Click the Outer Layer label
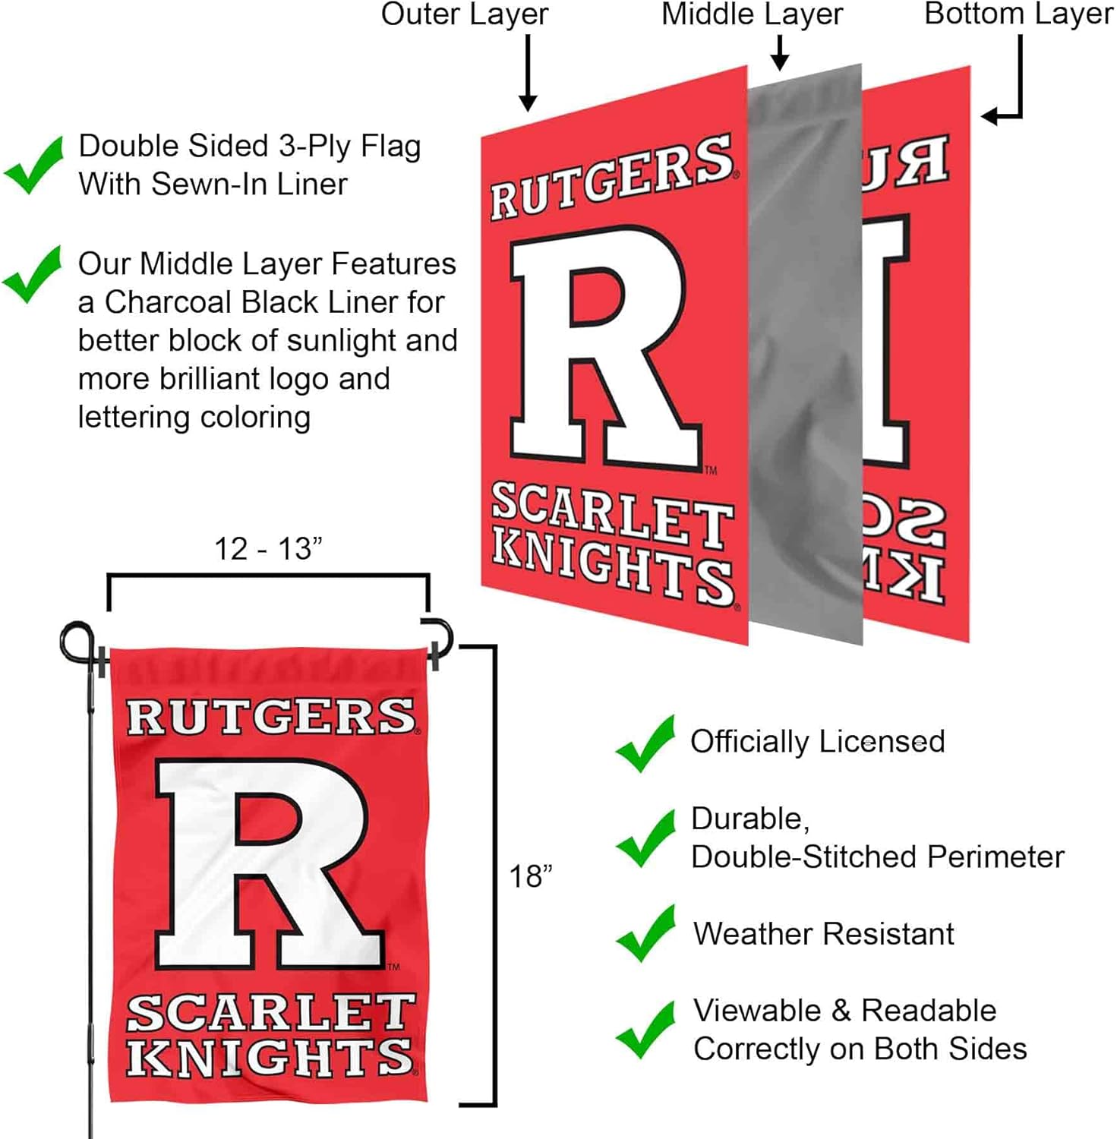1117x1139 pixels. click(x=465, y=15)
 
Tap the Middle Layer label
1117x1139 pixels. click(x=752, y=15)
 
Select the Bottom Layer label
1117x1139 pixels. click(x=1018, y=15)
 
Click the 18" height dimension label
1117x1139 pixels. click(x=530, y=877)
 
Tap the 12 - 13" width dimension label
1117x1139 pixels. click(x=268, y=549)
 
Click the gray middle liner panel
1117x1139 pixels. click(x=805, y=357)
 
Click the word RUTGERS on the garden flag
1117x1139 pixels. click(x=271, y=717)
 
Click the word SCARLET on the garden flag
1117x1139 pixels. click(x=271, y=1013)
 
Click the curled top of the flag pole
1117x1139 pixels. click(x=77, y=639)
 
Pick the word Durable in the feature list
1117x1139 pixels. click(x=749, y=819)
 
